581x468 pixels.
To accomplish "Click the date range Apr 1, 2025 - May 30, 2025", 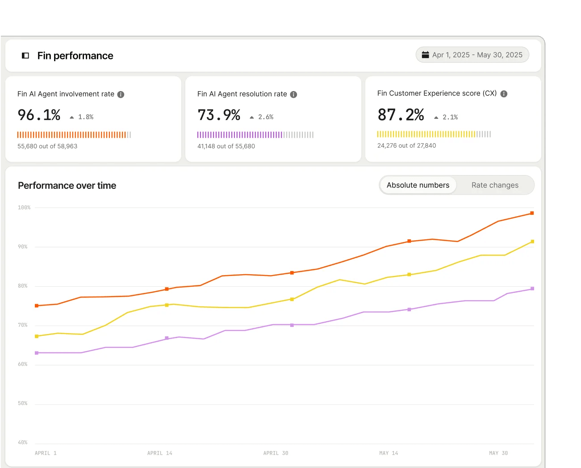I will pos(472,55).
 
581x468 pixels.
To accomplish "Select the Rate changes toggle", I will pos(495,185).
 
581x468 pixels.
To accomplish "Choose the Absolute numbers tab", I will pos(418,185).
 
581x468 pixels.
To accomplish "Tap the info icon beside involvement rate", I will pos(121,94).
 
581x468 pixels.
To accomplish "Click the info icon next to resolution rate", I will pos(293,94).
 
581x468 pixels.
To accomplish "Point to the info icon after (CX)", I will pos(504,94).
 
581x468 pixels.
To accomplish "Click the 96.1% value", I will pos(39,115).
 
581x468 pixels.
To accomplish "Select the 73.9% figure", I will pos(219,115).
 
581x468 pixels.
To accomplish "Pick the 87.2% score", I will pos(401,115).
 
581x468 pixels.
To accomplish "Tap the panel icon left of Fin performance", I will pos(25,56).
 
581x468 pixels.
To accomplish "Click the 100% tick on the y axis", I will pos(24,208).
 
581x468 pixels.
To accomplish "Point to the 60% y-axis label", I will pos(23,364).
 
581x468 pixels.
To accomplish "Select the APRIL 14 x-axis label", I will pos(159,453).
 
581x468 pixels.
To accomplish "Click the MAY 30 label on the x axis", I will pos(498,453).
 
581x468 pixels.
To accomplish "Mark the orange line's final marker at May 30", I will pos(532,213).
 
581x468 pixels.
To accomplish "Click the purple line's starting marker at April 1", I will pos(37,353).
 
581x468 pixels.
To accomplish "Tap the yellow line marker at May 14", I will pos(409,275).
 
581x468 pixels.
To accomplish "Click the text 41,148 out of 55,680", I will pos(226,146).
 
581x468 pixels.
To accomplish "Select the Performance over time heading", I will pos(67,186).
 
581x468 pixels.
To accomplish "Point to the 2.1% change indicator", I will pos(446,117).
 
